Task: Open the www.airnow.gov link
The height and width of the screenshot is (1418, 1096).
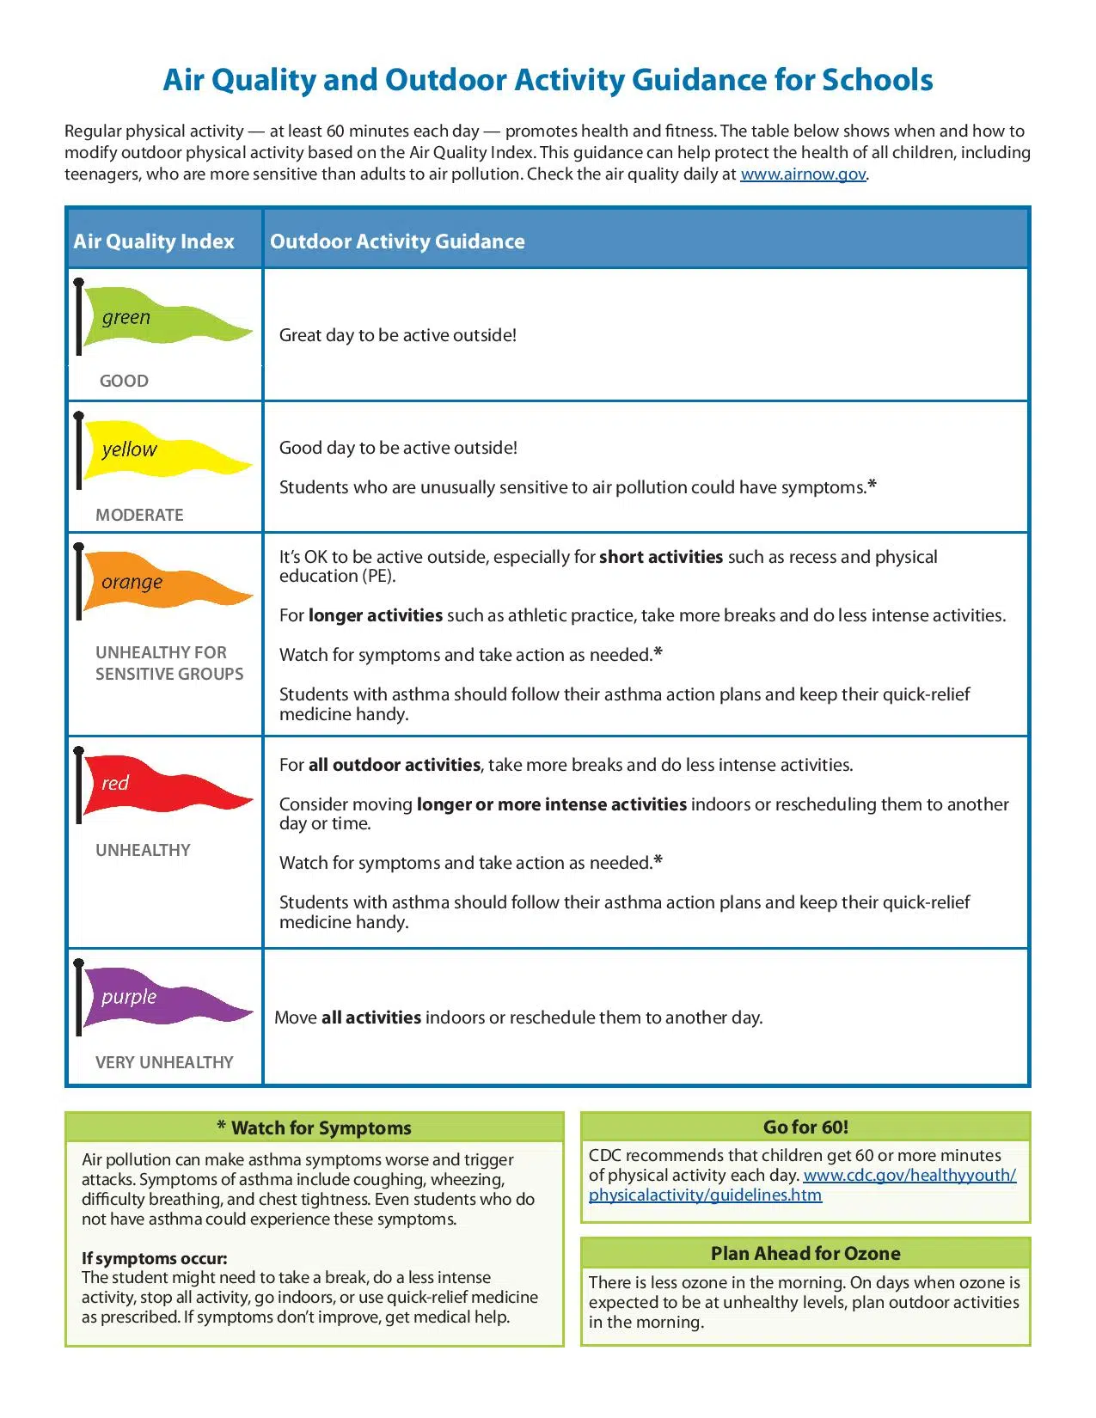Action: pyautogui.click(x=803, y=174)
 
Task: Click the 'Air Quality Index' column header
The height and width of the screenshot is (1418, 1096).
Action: pyautogui.click(x=154, y=241)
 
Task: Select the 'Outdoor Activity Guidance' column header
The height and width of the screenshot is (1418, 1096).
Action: pyautogui.click(x=397, y=241)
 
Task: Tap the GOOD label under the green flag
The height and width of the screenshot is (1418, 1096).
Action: pyautogui.click(x=124, y=381)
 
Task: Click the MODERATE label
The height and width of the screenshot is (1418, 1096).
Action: pyautogui.click(x=139, y=515)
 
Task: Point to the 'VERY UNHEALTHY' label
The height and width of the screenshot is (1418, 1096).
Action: pyautogui.click(x=164, y=1062)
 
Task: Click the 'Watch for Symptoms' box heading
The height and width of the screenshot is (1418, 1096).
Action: pyautogui.click(x=315, y=1128)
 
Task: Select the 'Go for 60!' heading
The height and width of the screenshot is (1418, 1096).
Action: pyautogui.click(x=805, y=1127)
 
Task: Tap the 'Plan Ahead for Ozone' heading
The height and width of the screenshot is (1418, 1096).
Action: pyautogui.click(x=805, y=1253)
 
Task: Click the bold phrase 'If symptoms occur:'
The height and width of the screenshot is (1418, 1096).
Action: pyautogui.click(x=155, y=1258)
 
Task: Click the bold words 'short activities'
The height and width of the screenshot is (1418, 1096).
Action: pyautogui.click(x=661, y=557)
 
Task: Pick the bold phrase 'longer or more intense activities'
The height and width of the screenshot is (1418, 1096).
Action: pyautogui.click(x=551, y=804)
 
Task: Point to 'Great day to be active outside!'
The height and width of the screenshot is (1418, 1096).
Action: pyautogui.click(x=398, y=335)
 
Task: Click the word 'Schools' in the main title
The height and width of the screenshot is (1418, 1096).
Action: pyautogui.click(x=877, y=80)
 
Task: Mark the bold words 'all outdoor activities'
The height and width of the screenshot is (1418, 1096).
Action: pyautogui.click(x=395, y=765)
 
